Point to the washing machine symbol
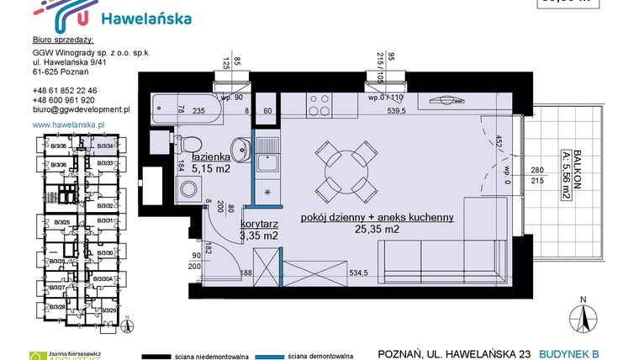[x=187, y=188]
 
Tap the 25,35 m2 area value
[x=376, y=229]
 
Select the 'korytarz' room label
[x=259, y=225]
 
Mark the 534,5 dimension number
[x=360, y=273]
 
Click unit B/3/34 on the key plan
[x=105, y=146]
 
